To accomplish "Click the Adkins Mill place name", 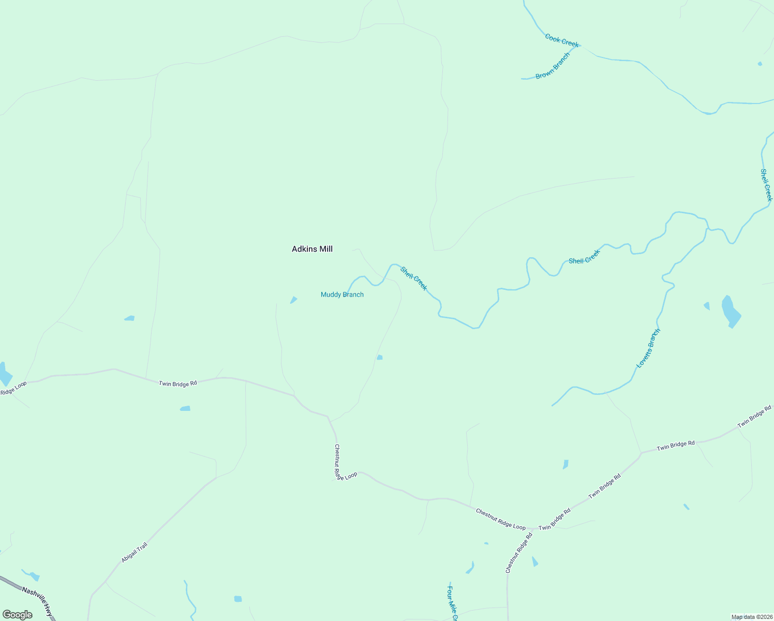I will tap(312, 249).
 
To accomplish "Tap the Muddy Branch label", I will tap(342, 295).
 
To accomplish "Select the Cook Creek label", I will tap(561, 40).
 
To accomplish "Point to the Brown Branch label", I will tap(553, 66).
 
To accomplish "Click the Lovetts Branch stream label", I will tap(648, 348).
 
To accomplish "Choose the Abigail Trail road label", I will tap(135, 552).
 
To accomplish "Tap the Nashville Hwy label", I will tap(38, 599).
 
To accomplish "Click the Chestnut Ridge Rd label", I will tap(519, 553).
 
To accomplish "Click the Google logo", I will tap(17, 615).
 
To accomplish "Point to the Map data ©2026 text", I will tap(751, 617).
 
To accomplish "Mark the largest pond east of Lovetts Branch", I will tap(730, 312).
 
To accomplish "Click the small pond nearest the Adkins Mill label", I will tap(294, 300).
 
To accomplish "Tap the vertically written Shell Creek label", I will tap(766, 185).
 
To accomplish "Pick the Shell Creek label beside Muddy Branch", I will tap(413, 278).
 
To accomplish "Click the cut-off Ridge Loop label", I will tap(13, 388).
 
